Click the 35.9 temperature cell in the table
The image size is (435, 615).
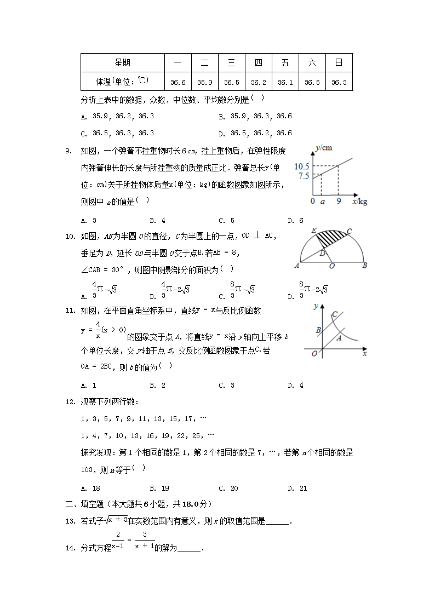tap(204, 83)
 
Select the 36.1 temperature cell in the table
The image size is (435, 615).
tap(285, 83)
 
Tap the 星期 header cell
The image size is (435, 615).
tap(122, 63)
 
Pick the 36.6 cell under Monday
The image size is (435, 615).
tap(178, 83)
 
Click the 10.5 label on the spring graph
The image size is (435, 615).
tap(302, 166)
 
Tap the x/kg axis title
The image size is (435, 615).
tap(360, 202)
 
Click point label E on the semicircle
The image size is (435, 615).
tap(314, 230)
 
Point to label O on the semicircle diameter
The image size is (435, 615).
tap(332, 266)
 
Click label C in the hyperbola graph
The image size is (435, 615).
tap(334, 314)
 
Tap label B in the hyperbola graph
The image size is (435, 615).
tap(318, 330)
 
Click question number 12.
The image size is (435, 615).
tap(70, 403)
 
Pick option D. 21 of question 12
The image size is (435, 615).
tap(297, 488)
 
